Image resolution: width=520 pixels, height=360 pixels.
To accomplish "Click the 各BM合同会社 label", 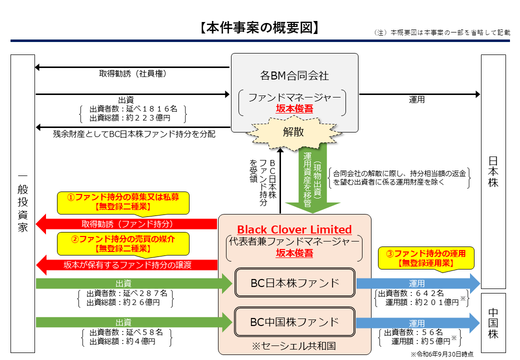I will click(x=294, y=75).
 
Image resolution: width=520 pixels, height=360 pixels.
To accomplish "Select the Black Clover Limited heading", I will click(x=294, y=229).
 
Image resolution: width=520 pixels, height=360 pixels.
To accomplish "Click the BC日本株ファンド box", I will click(x=294, y=283).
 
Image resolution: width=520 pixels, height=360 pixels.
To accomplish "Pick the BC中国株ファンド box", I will click(x=294, y=321).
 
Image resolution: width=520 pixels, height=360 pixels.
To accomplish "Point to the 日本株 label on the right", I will click(x=493, y=170).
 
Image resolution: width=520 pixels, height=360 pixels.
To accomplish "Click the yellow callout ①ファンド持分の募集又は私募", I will click(x=123, y=201).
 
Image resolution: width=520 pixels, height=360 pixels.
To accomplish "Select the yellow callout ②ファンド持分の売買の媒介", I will click(x=123, y=243).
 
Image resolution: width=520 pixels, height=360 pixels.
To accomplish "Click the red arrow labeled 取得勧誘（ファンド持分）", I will click(x=127, y=224).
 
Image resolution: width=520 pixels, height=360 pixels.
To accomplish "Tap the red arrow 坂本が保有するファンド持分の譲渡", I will click(x=127, y=265).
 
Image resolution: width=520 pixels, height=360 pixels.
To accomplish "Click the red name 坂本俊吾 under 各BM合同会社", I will click(x=294, y=108).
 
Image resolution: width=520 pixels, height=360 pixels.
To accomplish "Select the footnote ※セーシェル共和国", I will click(x=294, y=345).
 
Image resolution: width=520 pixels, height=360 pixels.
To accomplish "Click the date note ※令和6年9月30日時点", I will click(x=442, y=354).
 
